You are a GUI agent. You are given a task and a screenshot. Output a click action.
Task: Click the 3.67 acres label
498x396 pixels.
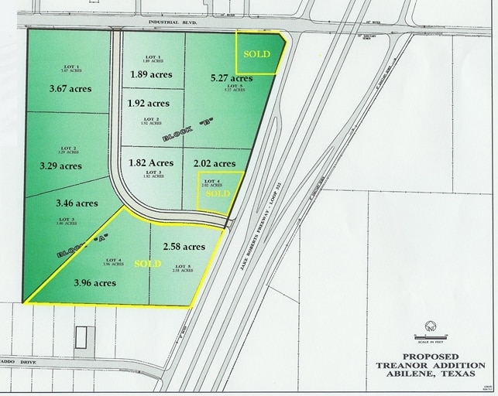pos(69,89)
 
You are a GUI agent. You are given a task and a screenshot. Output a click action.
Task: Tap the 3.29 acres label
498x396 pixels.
pos(60,166)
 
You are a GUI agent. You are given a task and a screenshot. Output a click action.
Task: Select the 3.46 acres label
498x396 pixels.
pos(77,203)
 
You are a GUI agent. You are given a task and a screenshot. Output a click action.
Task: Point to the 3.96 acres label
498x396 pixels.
pos(94,282)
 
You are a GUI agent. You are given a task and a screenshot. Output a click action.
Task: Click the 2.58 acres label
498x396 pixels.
pos(184,247)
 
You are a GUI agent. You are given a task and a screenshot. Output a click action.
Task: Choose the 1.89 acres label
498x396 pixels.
pos(151,74)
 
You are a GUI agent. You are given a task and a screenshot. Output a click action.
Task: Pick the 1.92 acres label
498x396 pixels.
pos(147,103)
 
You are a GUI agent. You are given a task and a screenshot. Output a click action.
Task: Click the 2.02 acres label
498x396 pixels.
pos(213,163)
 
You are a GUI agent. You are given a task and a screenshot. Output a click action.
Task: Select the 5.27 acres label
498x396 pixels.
pos(231,78)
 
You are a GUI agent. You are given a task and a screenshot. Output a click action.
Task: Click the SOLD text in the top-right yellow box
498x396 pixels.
pos(257,54)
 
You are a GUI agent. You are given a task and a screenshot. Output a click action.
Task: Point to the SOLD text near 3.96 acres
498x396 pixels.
pos(148,264)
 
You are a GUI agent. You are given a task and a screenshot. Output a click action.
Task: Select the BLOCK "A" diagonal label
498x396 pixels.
pos(81,246)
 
